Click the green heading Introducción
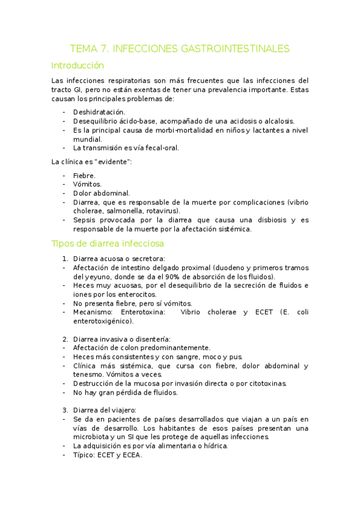pyautogui.click(x=78, y=66)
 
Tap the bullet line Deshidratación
pyautogui.click(x=99, y=112)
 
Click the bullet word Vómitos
pyautogui.click(x=88, y=184)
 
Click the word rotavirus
pyautogui.click(x=162, y=211)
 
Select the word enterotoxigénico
pyautogui.click(x=103, y=321)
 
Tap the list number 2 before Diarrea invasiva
pyautogui.click(x=66, y=339)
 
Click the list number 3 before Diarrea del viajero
pyautogui.click(x=66, y=410)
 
